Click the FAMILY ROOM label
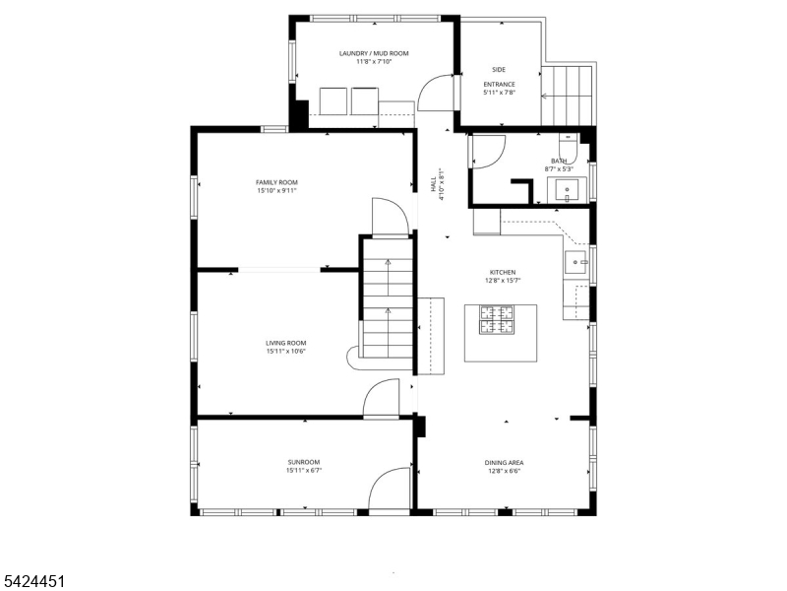276,182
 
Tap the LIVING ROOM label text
286,343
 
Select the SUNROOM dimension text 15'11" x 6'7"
304,471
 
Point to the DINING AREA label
504,463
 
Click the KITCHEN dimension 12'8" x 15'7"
503,281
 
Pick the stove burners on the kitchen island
497,320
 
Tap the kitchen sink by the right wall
575,262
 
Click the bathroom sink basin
567,190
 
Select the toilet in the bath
569,149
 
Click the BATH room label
559,161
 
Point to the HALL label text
433,184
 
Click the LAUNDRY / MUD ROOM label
374,53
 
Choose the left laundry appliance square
333,101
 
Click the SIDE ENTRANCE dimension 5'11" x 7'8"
500,93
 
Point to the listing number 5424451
32,581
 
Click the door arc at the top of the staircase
399,209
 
